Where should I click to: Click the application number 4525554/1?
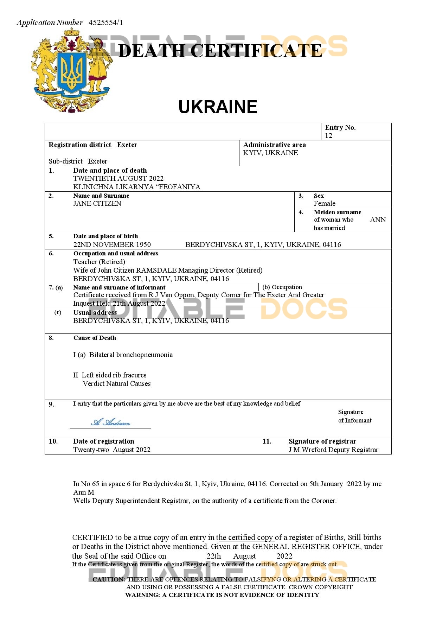pyautogui.click(x=106, y=23)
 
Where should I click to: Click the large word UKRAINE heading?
pyautogui.click(x=218, y=107)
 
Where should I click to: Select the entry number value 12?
pyautogui.click(x=328, y=136)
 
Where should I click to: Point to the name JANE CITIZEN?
pyautogui.click(x=97, y=203)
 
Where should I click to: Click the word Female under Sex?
pyautogui.click(x=324, y=203)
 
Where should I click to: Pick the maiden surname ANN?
pyautogui.click(x=378, y=220)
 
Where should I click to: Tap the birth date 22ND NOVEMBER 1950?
pyautogui.click(x=112, y=244)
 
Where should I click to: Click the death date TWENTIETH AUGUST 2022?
pyautogui.click(x=118, y=178)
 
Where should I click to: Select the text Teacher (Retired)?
pyautogui.click(x=99, y=262)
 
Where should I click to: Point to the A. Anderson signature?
pyautogui.click(x=110, y=422)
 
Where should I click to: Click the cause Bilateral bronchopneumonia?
pyautogui.click(x=131, y=355)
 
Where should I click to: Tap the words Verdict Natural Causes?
pyautogui.click(x=116, y=383)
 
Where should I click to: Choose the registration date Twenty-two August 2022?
pyautogui.click(x=111, y=450)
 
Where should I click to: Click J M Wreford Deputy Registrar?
pyautogui.click(x=333, y=450)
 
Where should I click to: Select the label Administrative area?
pyautogui.click(x=274, y=145)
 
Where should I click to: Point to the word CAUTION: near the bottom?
pyautogui.click(x=108, y=579)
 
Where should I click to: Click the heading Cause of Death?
pyautogui.click(x=95, y=338)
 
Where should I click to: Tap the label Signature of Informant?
pyautogui.click(x=354, y=416)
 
